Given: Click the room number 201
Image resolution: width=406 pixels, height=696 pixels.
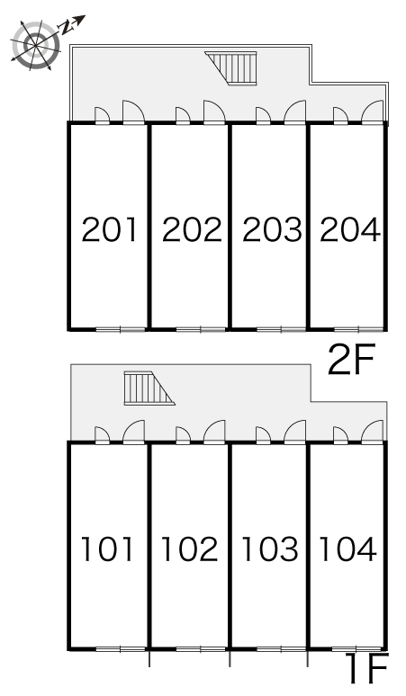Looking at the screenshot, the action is click(x=109, y=229).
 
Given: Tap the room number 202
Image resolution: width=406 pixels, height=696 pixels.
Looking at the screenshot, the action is click(x=192, y=229).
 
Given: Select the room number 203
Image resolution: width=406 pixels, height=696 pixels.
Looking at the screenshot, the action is click(x=272, y=229).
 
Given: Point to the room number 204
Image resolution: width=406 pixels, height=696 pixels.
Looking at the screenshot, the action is click(x=350, y=229).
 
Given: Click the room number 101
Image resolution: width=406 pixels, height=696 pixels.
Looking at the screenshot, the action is click(x=106, y=549).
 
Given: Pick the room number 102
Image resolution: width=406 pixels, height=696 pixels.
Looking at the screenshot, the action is click(x=190, y=549).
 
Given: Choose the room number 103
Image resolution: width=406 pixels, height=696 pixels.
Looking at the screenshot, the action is click(x=270, y=549).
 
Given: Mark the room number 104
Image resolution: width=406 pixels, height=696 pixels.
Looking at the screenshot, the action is click(x=347, y=549).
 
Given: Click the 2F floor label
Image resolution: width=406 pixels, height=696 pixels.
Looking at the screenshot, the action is click(x=352, y=359).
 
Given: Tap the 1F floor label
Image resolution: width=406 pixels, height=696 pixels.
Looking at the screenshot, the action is click(x=369, y=668).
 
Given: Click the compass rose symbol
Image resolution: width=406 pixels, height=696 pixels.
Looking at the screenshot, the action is click(x=35, y=45).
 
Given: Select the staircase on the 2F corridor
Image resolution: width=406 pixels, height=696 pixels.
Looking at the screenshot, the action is click(x=231, y=68).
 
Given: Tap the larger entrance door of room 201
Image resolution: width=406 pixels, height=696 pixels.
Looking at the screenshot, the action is click(x=134, y=112).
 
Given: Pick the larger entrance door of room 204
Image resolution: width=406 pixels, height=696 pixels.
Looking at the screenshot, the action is click(x=372, y=112).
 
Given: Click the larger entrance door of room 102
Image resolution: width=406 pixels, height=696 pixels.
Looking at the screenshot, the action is click(x=214, y=432).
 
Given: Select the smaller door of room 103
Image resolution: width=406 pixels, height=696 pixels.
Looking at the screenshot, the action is click(x=263, y=435).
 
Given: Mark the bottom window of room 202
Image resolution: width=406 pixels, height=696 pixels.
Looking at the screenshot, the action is click(x=201, y=329).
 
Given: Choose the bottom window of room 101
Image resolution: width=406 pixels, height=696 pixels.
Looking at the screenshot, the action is click(x=121, y=649).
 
